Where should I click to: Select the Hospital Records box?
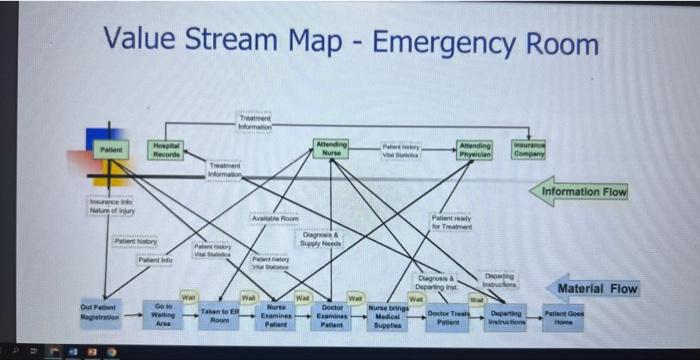click(x=166, y=151)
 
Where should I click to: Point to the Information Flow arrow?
click(x=582, y=191)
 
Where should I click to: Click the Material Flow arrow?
click(x=592, y=288)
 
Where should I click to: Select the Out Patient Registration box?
click(x=100, y=312)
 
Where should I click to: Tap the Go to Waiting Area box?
click(x=164, y=314)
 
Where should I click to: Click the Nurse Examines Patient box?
click(x=276, y=316)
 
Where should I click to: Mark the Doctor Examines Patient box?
click(x=333, y=316)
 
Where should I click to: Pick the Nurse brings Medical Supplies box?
click(x=389, y=317)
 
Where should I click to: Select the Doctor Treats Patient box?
click(x=448, y=317)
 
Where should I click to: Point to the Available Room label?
click(x=275, y=218)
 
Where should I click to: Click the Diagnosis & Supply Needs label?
click(x=322, y=240)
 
